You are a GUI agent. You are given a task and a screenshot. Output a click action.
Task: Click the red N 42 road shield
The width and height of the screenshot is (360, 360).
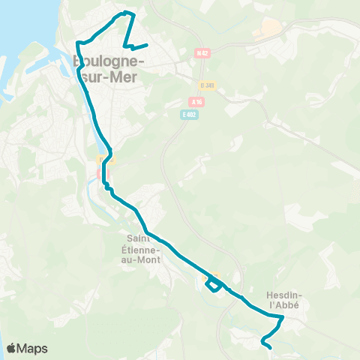pyautogui.click(x=201, y=52)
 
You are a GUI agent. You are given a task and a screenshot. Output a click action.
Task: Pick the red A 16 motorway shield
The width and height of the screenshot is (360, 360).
pyautogui.click(x=196, y=101)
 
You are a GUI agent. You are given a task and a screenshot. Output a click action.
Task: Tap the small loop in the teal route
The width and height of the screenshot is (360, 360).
pyautogui.click(x=214, y=284)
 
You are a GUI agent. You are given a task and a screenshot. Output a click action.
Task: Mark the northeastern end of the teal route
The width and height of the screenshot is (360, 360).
pyautogui.click(x=146, y=45)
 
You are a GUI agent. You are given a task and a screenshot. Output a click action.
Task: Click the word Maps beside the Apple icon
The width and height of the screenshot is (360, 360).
pyautogui.click(x=33, y=348)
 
